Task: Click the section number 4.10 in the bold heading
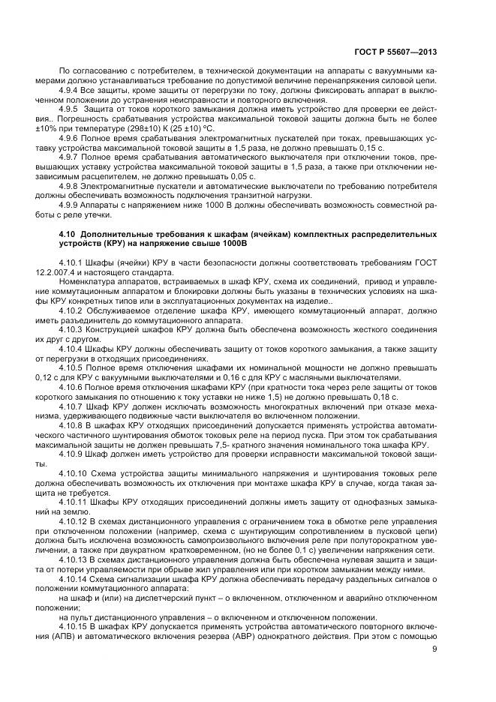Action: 69,234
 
